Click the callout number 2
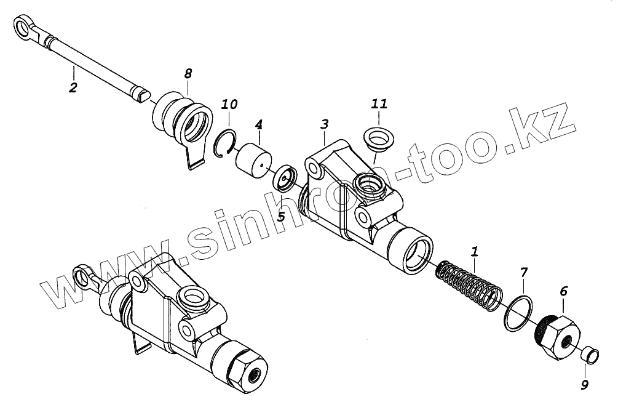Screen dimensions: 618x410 click(x=73, y=87)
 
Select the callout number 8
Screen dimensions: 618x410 click(x=188, y=73)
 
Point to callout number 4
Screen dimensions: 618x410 click(x=259, y=125)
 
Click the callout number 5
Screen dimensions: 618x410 click(x=280, y=216)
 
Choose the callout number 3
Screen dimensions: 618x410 click(x=324, y=124)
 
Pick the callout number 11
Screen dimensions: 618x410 click(x=379, y=104)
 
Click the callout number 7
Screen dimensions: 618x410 click(x=523, y=271)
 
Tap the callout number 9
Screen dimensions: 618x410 click(x=585, y=385)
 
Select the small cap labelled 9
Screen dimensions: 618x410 click(x=589, y=355)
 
